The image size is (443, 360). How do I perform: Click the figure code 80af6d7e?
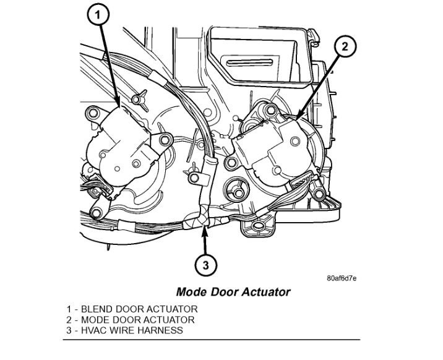point(342,278)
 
